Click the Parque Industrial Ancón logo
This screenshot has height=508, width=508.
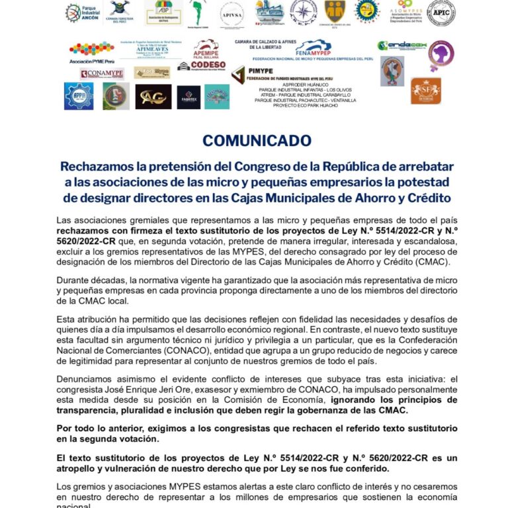(81, 13)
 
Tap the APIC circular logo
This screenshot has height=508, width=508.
(441, 13)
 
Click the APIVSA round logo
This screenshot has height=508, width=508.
(232, 13)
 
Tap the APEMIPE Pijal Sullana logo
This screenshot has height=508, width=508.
(206, 48)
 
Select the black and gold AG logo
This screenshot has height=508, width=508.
(153, 97)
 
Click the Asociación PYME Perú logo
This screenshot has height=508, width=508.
(91, 52)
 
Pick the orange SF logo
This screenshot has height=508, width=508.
(425, 91)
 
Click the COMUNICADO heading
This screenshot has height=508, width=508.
(257, 141)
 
